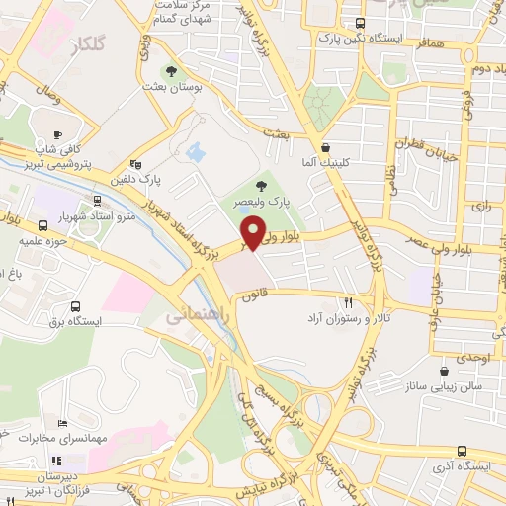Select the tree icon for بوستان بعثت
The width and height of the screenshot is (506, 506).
tap(172, 71)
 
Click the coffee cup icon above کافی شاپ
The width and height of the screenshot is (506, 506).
tap(57, 135)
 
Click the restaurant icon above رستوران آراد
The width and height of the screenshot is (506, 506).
tap(348, 302)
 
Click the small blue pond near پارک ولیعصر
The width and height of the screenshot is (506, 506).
tap(195, 153)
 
